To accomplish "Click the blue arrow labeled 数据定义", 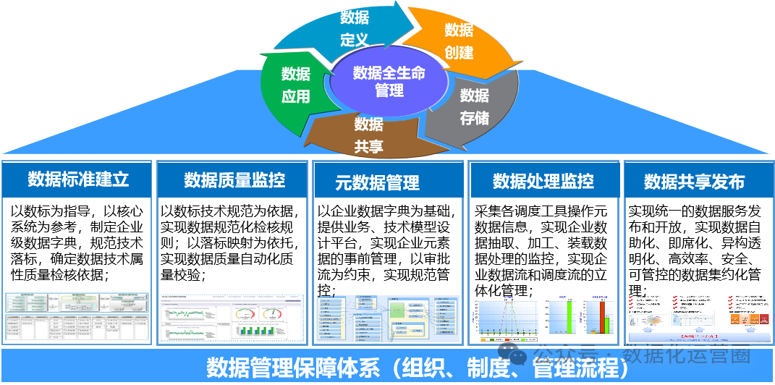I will pyautogui.click(x=355, y=29).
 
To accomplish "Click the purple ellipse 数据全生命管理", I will pyautogui.click(x=389, y=82).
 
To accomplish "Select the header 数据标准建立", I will pyautogui.click(x=78, y=179).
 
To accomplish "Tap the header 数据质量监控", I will pyautogui.click(x=234, y=180).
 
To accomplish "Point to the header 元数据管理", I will pyautogui.click(x=377, y=182).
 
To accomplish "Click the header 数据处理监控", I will pyautogui.click(x=543, y=181).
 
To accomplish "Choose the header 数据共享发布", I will pyautogui.click(x=694, y=182).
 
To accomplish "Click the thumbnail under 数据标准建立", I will pyautogui.click(x=77, y=317).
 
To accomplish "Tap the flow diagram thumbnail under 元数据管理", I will pyautogui.click(x=388, y=319).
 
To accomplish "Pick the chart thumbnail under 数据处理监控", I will pyautogui.click(x=543, y=318).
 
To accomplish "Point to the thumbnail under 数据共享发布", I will pyautogui.click(x=698, y=317).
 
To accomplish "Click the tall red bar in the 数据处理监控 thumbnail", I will pyautogui.click(x=602, y=316).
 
